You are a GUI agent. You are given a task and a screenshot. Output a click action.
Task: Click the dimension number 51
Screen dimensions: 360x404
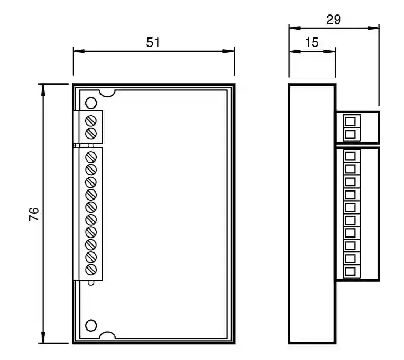[153, 43]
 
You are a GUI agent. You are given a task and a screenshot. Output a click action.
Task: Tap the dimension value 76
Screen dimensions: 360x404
[34, 214]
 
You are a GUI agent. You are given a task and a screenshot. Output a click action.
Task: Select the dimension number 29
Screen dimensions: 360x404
[333, 20]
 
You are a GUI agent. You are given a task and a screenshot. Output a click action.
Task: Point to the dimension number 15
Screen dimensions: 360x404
[312, 43]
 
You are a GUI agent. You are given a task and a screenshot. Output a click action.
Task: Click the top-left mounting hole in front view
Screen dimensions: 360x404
[91, 103]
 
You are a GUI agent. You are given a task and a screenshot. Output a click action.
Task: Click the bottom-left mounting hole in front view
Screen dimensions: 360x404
[91, 325]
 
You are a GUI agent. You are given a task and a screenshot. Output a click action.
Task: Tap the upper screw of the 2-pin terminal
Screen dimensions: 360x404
[91, 119]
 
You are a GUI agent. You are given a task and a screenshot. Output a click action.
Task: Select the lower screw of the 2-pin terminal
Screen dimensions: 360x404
[91, 132]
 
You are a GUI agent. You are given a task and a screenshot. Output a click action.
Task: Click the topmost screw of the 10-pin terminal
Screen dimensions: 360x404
[91, 157]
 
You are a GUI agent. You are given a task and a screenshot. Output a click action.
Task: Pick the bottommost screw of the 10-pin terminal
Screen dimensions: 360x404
[91, 270]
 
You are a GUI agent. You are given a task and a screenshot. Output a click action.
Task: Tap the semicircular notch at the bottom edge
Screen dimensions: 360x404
[107, 335]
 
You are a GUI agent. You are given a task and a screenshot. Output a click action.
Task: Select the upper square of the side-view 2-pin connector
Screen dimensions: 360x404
[351, 121]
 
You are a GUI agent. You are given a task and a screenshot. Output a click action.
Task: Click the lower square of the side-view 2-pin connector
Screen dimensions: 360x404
[351, 134]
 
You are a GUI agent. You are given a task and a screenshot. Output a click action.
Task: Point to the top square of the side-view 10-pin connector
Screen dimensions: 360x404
[351, 157]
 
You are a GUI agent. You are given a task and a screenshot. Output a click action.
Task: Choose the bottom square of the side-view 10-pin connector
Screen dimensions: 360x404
[351, 271]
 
